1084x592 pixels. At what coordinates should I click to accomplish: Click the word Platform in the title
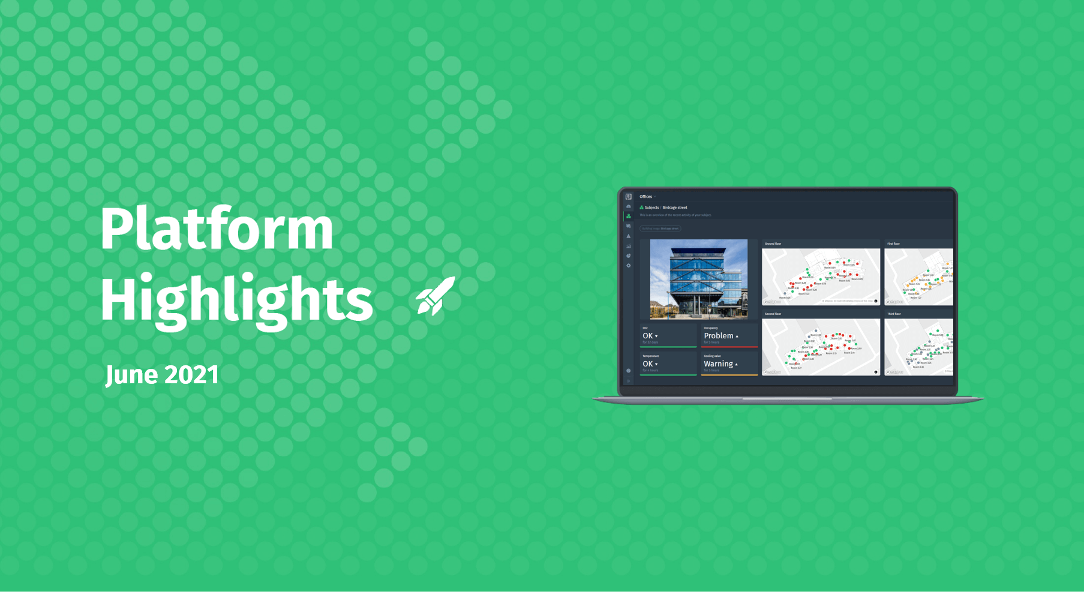[x=217, y=229]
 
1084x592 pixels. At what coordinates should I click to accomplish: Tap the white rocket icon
[x=436, y=296]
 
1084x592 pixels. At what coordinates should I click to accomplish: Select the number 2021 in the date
[x=191, y=375]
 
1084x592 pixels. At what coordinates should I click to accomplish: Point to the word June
[x=131, y=375]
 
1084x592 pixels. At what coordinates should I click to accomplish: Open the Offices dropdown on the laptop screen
[x=647, y=197]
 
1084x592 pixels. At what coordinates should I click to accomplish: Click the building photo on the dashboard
[x=699, y=279]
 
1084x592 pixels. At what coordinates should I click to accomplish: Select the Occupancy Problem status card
[x=729, y=336]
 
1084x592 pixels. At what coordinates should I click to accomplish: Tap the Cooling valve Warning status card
[x=729, y=363]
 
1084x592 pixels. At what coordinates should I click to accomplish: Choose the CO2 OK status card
[x=668, y=336]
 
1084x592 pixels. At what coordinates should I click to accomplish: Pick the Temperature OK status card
[x=668, y=363]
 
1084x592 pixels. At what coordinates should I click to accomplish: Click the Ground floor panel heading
[x=773, y=244]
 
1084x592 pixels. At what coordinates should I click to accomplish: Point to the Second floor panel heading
[x=773, y=314]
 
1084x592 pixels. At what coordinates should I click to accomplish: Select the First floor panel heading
[x=894, y=244]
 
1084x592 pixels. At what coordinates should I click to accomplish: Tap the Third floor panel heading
[x=894, y=314]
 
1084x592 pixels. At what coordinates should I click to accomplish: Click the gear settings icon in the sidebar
[x=629, y=266]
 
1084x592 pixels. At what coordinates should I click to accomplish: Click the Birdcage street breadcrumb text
[x=675, y=208]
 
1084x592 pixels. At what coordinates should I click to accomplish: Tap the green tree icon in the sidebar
[x=629, y=216]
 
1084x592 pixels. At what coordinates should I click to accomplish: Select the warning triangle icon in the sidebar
[x=629, y=236]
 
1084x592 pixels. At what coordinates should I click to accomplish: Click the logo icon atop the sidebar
[x=629, y=197]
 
